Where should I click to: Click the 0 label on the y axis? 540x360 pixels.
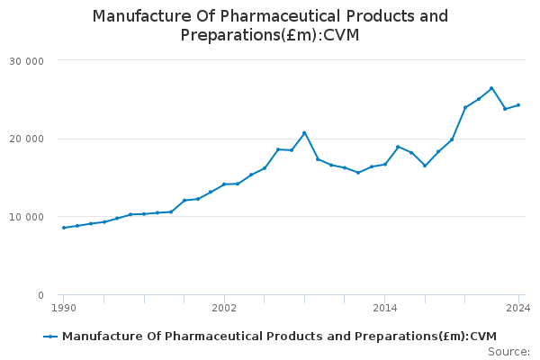click(x=41, y=295)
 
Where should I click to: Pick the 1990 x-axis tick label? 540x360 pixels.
click(x=63, y=308)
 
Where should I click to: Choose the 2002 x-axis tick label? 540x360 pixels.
click(x=224, y=308)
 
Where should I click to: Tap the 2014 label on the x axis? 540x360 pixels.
click(x=385, y=308)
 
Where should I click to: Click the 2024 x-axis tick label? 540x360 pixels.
click(x=517, y=308)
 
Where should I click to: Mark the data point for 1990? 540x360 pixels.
click(x=64, y=228)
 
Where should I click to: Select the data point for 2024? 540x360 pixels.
click(x=518, y=105)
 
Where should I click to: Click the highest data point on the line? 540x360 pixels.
click(x=491, y=88)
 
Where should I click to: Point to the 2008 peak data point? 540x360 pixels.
click(x=304, y=132)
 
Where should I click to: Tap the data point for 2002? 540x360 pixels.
click(x=224, y=184)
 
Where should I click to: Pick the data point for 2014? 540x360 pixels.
click(x=385, y=164)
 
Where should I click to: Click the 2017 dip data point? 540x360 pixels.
click(x=425, y=166)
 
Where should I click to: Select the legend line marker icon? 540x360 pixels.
click(x=50, y=337)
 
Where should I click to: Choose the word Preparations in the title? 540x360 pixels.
click(x=228, y=35)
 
